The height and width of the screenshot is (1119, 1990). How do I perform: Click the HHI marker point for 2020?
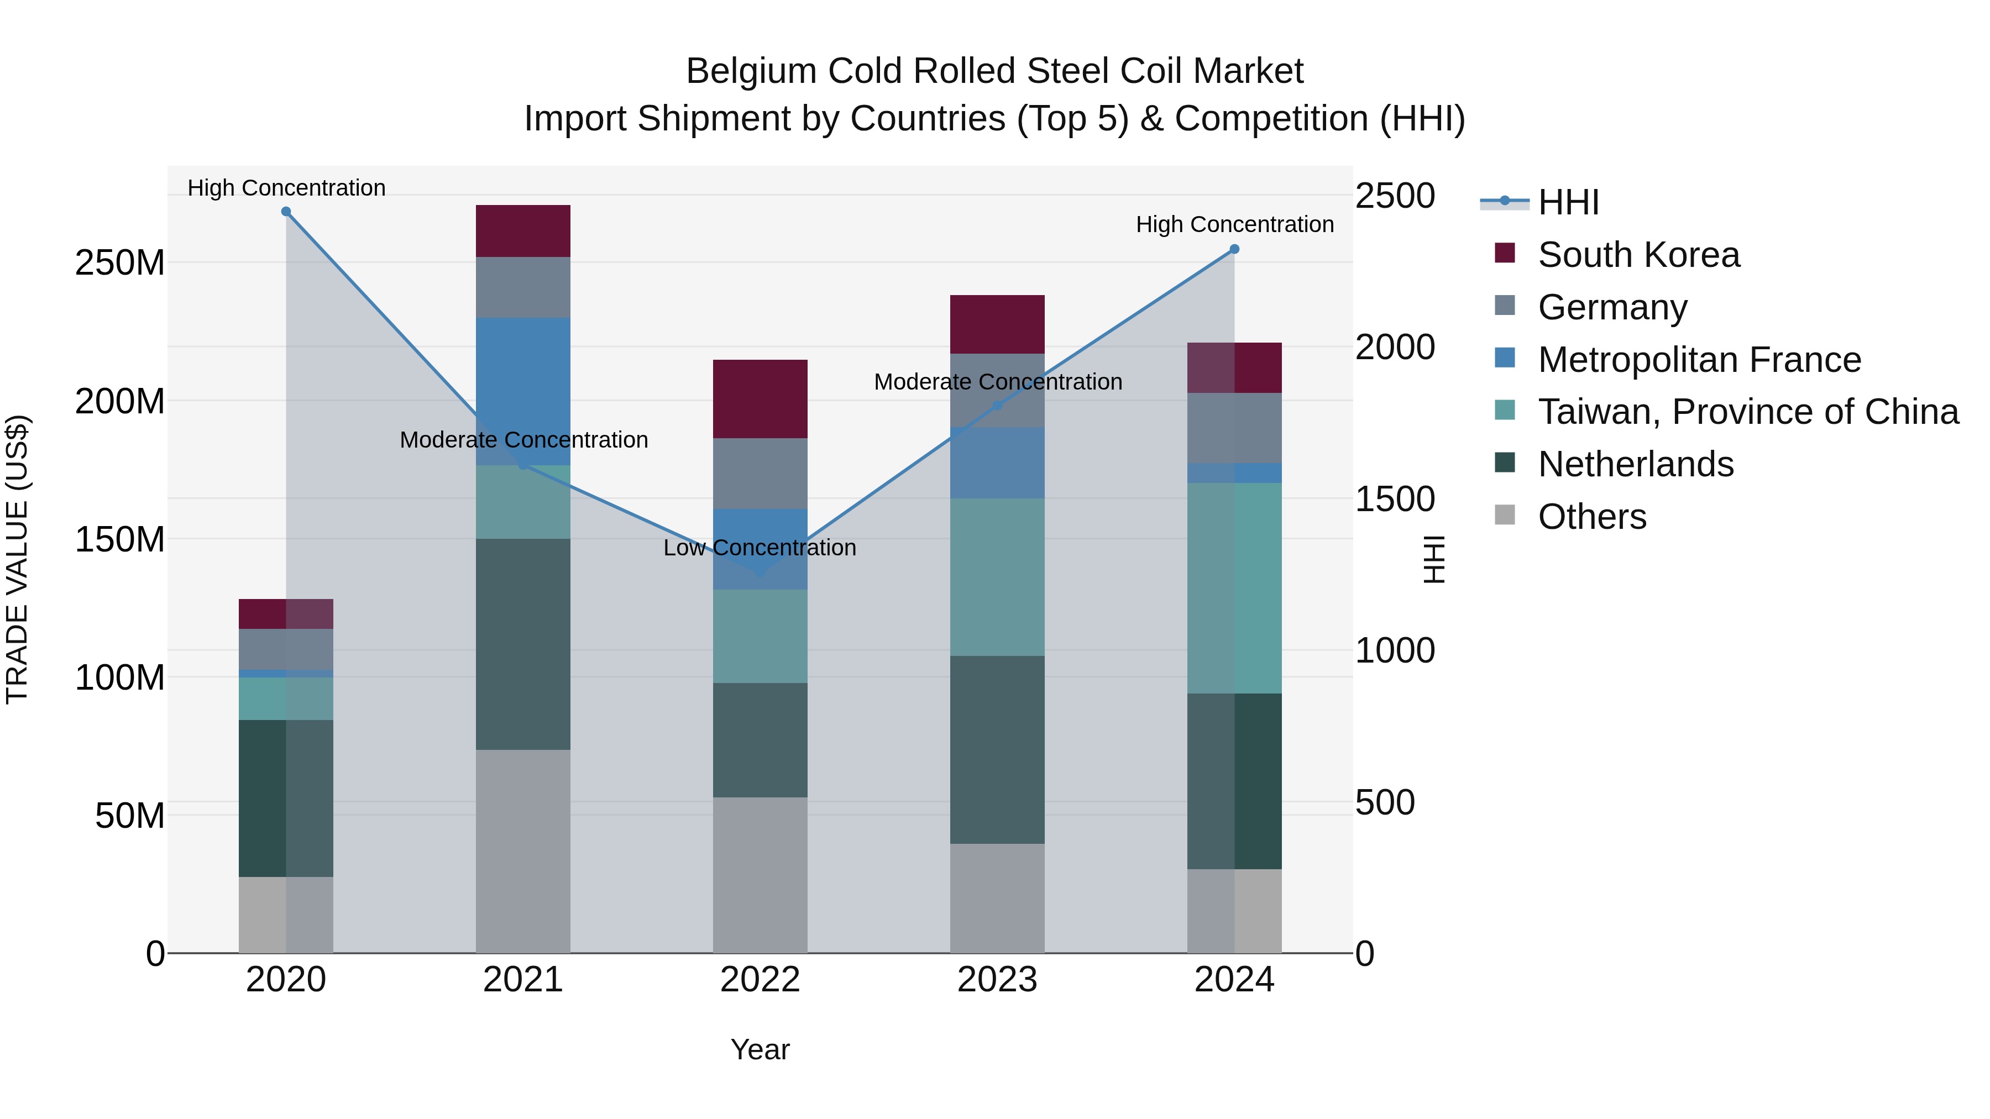286,212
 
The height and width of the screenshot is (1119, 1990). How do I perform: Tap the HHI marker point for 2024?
1234,249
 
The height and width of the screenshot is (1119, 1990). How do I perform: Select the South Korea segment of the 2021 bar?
523,231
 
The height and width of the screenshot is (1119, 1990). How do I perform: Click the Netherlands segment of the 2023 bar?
997,749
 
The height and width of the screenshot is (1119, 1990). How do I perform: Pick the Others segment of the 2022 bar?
760,874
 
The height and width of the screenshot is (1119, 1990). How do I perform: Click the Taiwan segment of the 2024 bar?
1234,588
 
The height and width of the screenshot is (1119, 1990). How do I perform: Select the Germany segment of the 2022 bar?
760,474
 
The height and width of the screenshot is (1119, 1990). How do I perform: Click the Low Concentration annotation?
760,548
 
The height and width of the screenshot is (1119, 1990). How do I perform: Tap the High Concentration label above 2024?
1234,225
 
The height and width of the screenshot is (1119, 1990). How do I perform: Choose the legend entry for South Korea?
1638,255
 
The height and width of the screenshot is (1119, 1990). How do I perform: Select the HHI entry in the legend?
1568,202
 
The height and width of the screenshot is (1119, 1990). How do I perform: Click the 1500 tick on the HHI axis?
1395,499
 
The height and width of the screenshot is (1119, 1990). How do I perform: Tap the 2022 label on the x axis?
760,980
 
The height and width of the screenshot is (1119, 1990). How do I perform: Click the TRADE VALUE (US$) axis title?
17,559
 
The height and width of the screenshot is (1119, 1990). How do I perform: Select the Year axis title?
760,1049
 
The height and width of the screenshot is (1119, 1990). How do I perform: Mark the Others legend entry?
1591,517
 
